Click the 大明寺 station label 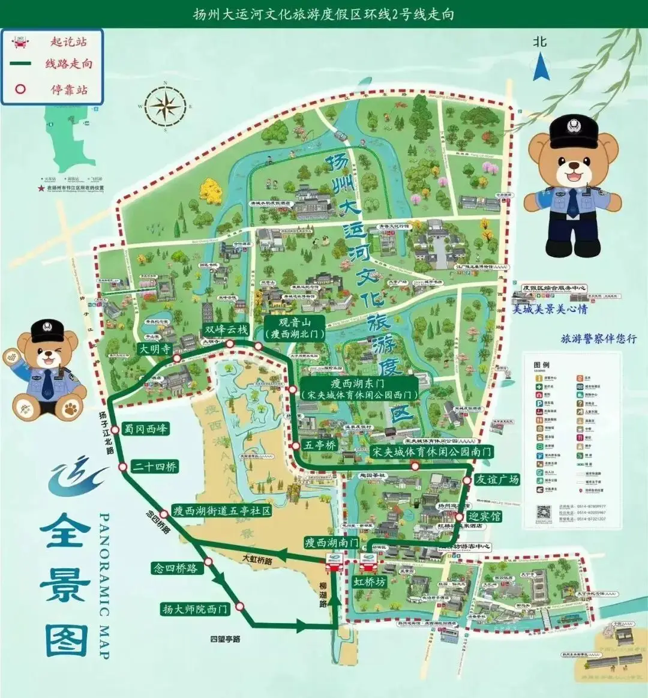[155, 349]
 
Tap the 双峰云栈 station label [226, 329]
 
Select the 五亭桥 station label [319, 445]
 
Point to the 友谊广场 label [497, 479]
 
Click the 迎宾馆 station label [484, 516]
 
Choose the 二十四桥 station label [155, 466]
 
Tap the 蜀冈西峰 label [146, 429]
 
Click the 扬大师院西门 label [196, 609]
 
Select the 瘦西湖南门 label [331, 543]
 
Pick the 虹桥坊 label [369, 582]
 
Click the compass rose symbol [166, 106]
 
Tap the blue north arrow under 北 [542, 67]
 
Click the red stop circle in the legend [21, 89]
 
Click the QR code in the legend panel [544, 513]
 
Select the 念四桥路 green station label [175, 568]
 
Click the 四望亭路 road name [225, 639]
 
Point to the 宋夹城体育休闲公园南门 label [431, 451]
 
